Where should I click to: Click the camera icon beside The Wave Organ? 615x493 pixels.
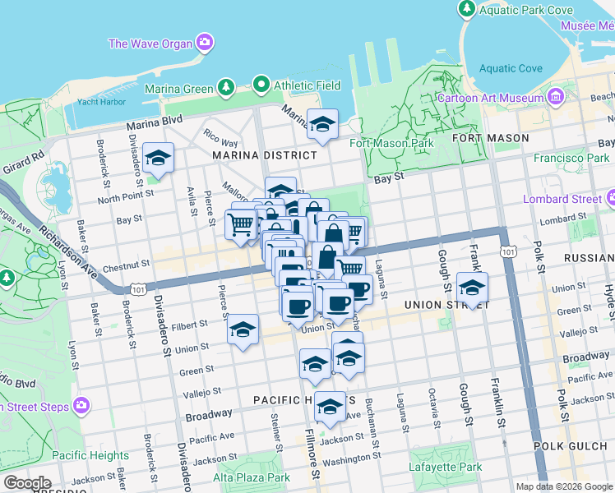pos(204,42)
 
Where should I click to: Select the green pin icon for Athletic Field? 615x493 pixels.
pos(261,83)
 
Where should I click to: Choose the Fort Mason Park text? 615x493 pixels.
pos(391,143)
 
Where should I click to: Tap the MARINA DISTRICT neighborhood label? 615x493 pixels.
pos(264,154)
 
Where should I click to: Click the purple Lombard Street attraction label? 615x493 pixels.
pos(564,199)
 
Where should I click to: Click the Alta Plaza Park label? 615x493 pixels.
pos(252,477)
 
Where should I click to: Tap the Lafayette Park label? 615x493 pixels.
pos(446,467)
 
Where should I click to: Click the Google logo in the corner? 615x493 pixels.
pos(26,483)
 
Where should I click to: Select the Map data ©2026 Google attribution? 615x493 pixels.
pos(563,486)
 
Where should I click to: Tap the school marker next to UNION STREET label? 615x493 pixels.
pos(472,288)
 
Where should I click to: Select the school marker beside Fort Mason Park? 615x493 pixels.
pos(322,124)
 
